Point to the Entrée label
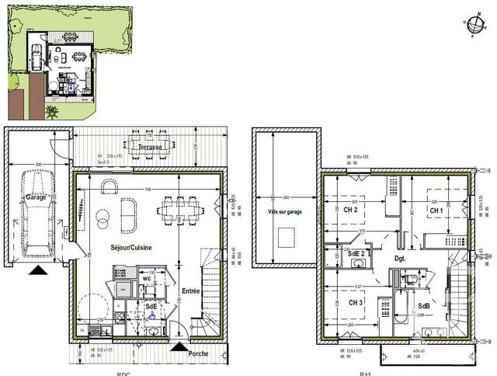[190, 290]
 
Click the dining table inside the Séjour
[180, 209]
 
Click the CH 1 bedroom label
[436, 211]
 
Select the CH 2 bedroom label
[350, 210]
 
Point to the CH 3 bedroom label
[356, 302]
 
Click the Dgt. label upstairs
[401, 257]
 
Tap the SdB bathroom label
[424, 305]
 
